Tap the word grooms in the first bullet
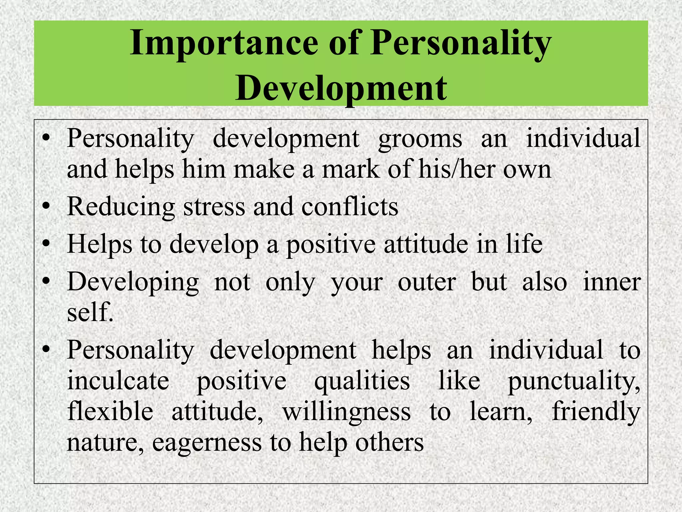point(420,139)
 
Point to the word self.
point(90,312)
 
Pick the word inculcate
point(118,381)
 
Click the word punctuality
point(573,381)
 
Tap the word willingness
point(346,412)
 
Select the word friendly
point(596,412)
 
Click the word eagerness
point(207,443)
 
